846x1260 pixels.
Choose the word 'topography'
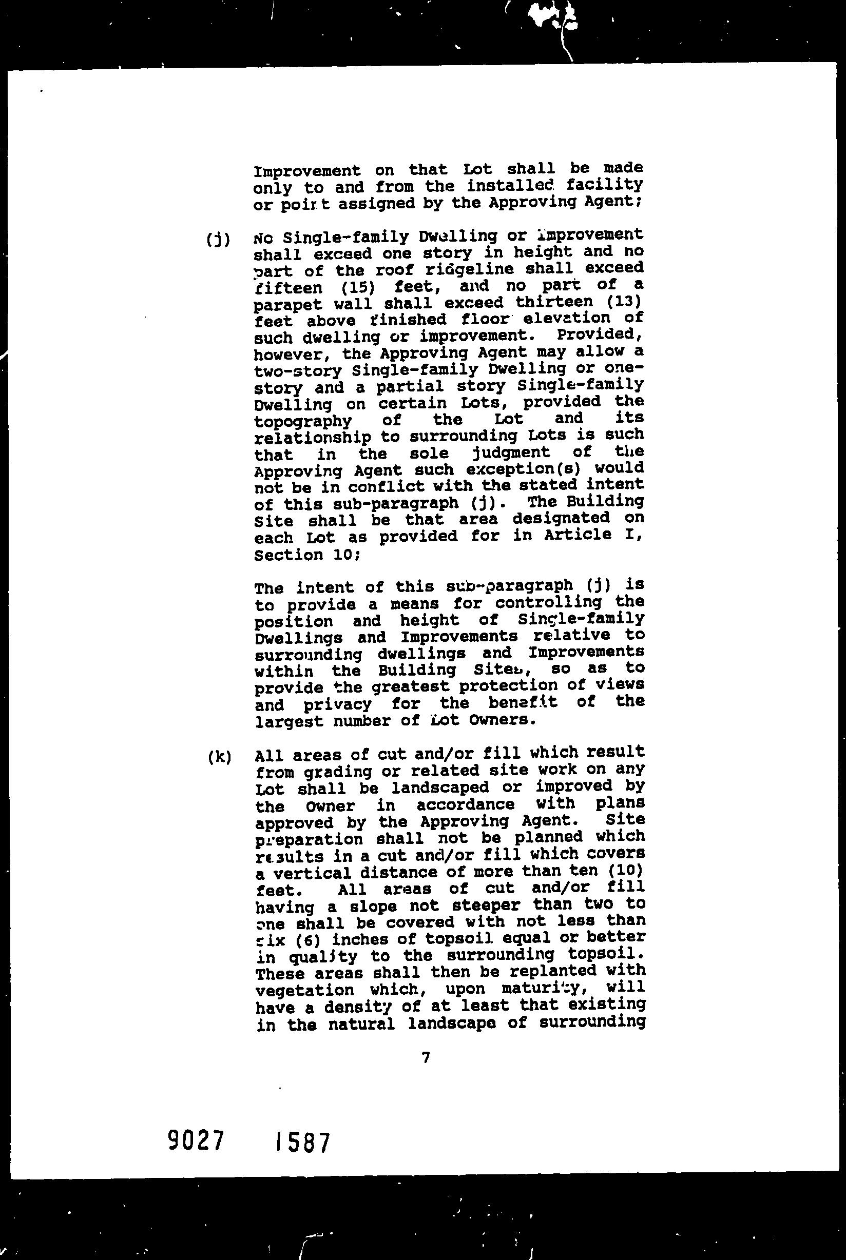[x=303, y=421]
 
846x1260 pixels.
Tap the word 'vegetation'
[x=304, y=991]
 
